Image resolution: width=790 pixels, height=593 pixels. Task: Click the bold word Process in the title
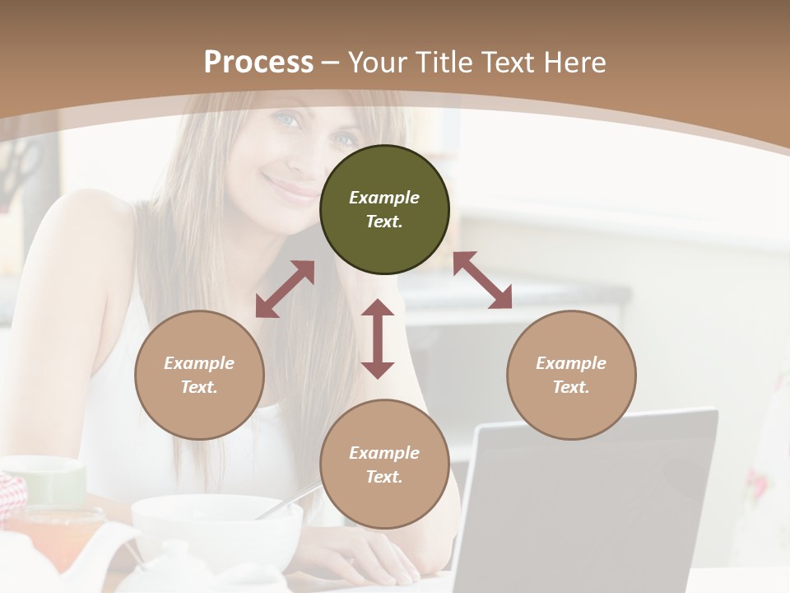(258, 63)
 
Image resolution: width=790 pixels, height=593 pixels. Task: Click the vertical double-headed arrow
(378, 339)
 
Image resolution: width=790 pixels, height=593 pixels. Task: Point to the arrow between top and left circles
(285, 289)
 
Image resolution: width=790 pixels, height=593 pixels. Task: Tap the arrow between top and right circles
(483, 281)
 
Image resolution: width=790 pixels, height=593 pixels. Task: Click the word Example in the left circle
(199, 363)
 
